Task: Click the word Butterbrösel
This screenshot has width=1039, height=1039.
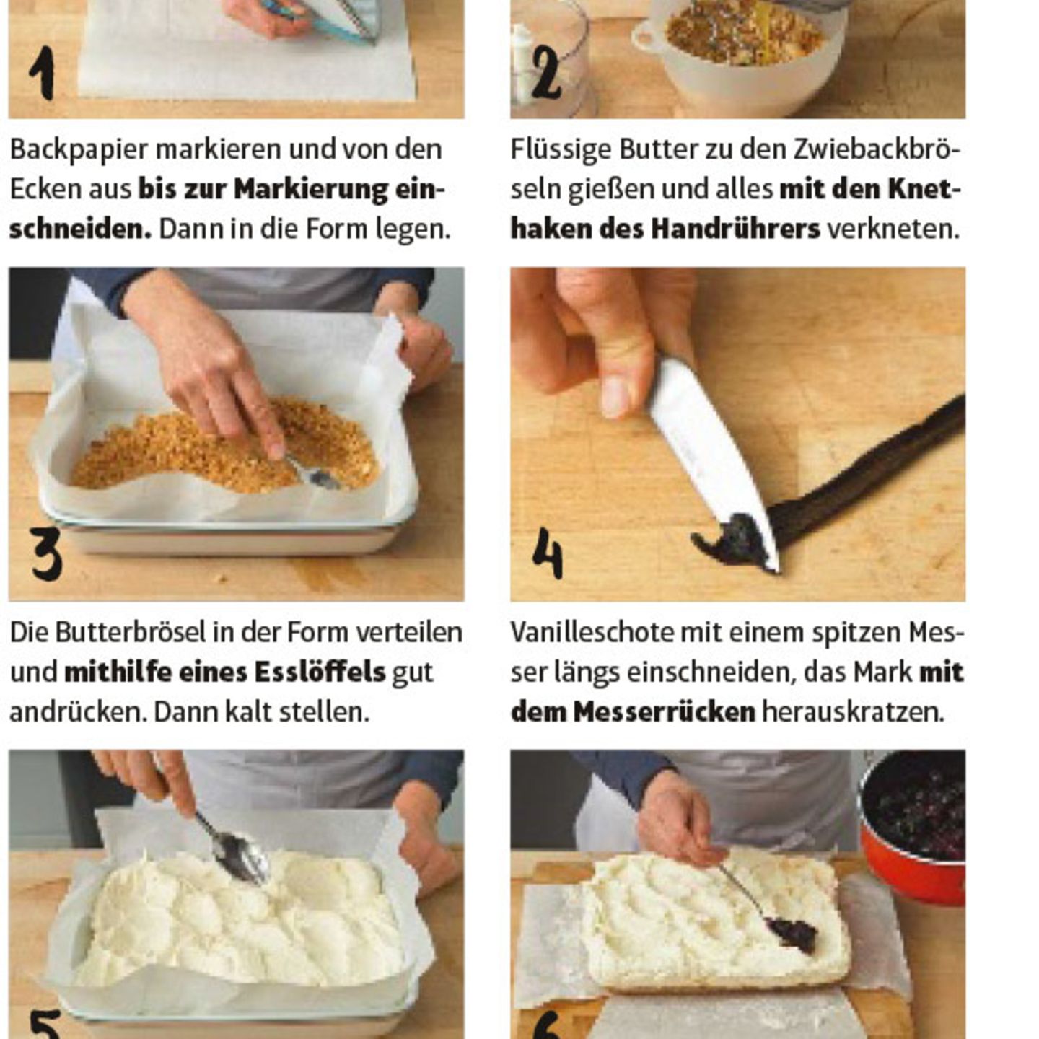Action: pyautogui.click(x=129, y=632)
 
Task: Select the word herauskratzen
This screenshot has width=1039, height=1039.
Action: pyautogui.click(x=852, y=711)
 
